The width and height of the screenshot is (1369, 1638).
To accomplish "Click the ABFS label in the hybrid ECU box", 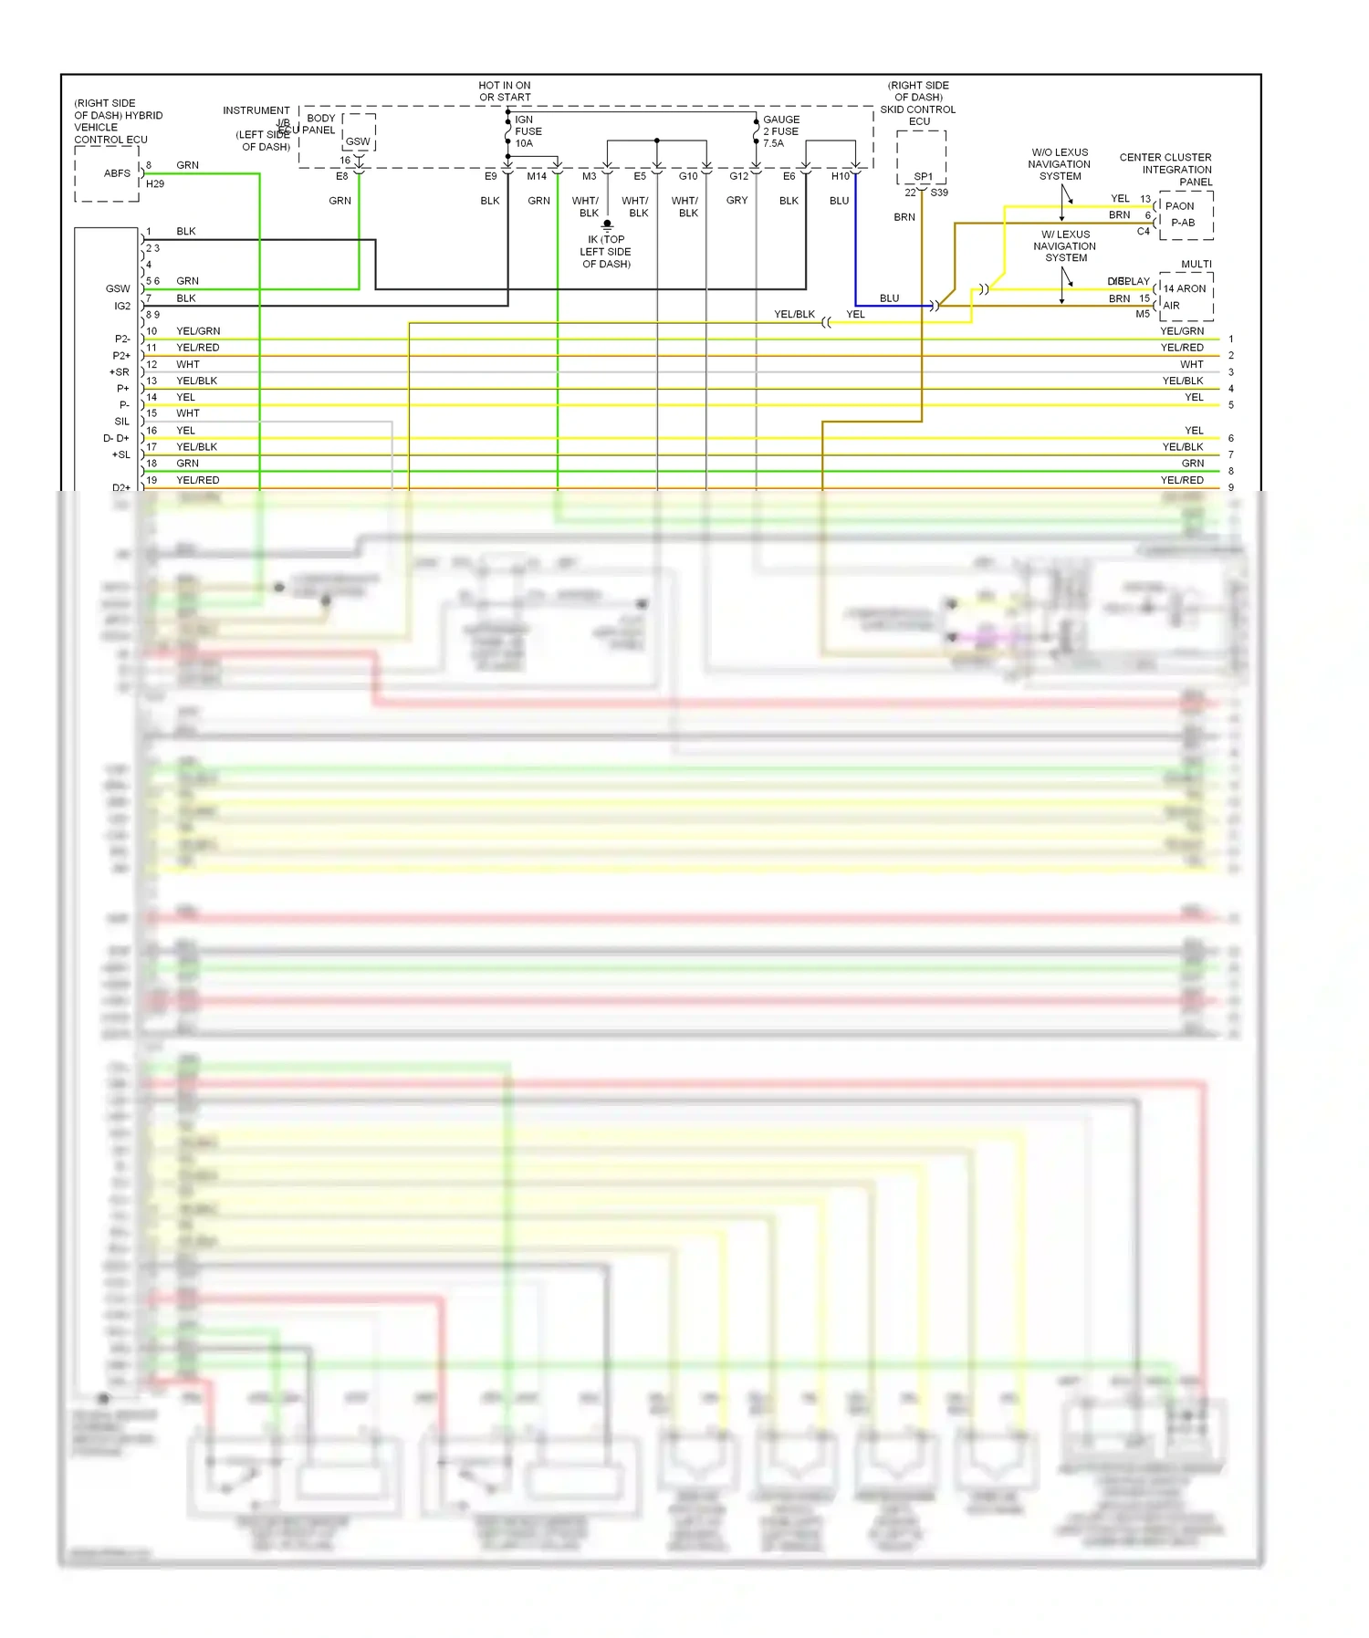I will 117,173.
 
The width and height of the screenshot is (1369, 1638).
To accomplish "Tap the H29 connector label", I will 155,184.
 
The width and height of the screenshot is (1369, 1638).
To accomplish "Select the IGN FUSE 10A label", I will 528,131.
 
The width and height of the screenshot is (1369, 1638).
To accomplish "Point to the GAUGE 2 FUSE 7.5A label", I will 780,131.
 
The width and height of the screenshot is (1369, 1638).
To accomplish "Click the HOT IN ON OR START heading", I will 505,91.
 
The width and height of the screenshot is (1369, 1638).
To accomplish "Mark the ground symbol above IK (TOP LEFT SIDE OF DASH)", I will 607,224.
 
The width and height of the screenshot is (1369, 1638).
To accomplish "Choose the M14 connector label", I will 537,176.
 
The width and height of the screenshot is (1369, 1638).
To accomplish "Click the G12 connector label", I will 738,176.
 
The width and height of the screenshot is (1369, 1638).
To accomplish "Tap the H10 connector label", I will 840,176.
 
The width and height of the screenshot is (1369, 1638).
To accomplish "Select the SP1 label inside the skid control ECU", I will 923,177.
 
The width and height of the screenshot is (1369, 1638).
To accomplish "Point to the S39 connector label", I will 939,193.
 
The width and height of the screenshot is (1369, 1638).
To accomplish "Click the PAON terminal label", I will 1179,206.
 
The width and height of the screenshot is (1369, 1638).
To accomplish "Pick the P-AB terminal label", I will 1183,223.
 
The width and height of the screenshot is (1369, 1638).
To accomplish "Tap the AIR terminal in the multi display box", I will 1172,306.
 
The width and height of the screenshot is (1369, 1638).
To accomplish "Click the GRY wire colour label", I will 737,201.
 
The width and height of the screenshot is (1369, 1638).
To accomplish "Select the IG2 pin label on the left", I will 122,307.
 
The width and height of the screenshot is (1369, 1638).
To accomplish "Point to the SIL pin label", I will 122,422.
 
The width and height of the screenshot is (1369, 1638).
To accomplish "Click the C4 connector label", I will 1143,232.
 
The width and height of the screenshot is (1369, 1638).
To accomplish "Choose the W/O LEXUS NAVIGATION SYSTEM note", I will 1059,164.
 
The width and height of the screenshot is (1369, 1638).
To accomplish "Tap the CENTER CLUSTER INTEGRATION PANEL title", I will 1165,170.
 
